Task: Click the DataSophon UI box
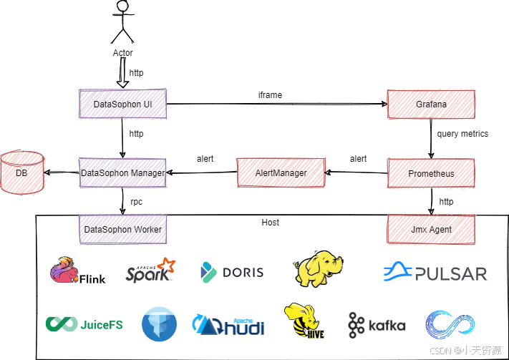coord(122,104)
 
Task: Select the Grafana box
coord(431,104)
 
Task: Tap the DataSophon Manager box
coord(122,172)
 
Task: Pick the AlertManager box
coord(281,172)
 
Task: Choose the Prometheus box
coord(431,173)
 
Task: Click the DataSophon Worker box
coord(122,229)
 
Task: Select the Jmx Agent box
coord(431,229)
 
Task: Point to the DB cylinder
coord(22,172)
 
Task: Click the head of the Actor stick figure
coord(123,6)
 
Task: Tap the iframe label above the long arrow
coord(270,95)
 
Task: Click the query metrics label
coord(462,134)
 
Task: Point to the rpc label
coord(136,202)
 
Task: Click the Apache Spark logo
coord(150,270)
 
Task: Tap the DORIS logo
coord(232,272)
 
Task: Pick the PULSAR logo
coord(435,273)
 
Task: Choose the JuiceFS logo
coord(84,324)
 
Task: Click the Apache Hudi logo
coord(228,324)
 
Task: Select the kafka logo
coord(377,325)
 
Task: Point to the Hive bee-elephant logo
coord(304,321)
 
